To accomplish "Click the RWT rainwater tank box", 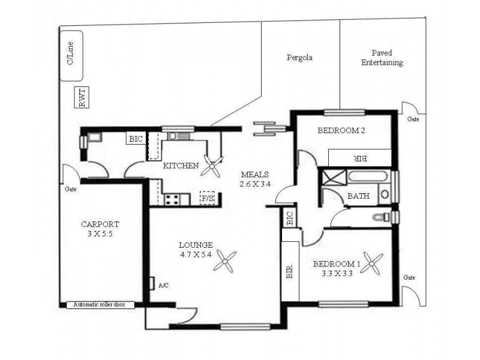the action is click(x=82, y=97).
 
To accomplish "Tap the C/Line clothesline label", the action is click(x=70, y=53).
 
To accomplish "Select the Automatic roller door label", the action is click(x=100, y=305).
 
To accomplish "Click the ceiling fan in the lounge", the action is click(x=224, y=261).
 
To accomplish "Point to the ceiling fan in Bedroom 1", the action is click(x=371, y=263).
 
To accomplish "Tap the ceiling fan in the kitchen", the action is click(x=212, y=166).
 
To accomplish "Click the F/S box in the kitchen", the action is click(x=207, y=198).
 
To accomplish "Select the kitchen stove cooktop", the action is click(x=172, y=200).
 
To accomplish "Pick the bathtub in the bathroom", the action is click(x=367, y=177).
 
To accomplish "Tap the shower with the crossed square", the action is click(x=333, y=177).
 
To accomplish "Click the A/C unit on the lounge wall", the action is click(x=151, y=283).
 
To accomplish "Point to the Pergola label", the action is click(x=299, y=58).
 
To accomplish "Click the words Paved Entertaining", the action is click(x=382, y=58).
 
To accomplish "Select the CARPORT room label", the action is click(x=100, y=224).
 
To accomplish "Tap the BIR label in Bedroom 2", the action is click(x=361, y=158).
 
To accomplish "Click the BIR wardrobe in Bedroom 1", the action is click(x=290, y=271).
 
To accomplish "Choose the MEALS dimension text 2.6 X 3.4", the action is click(x=255, y=184).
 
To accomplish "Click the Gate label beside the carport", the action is click(x=71, y=189).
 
